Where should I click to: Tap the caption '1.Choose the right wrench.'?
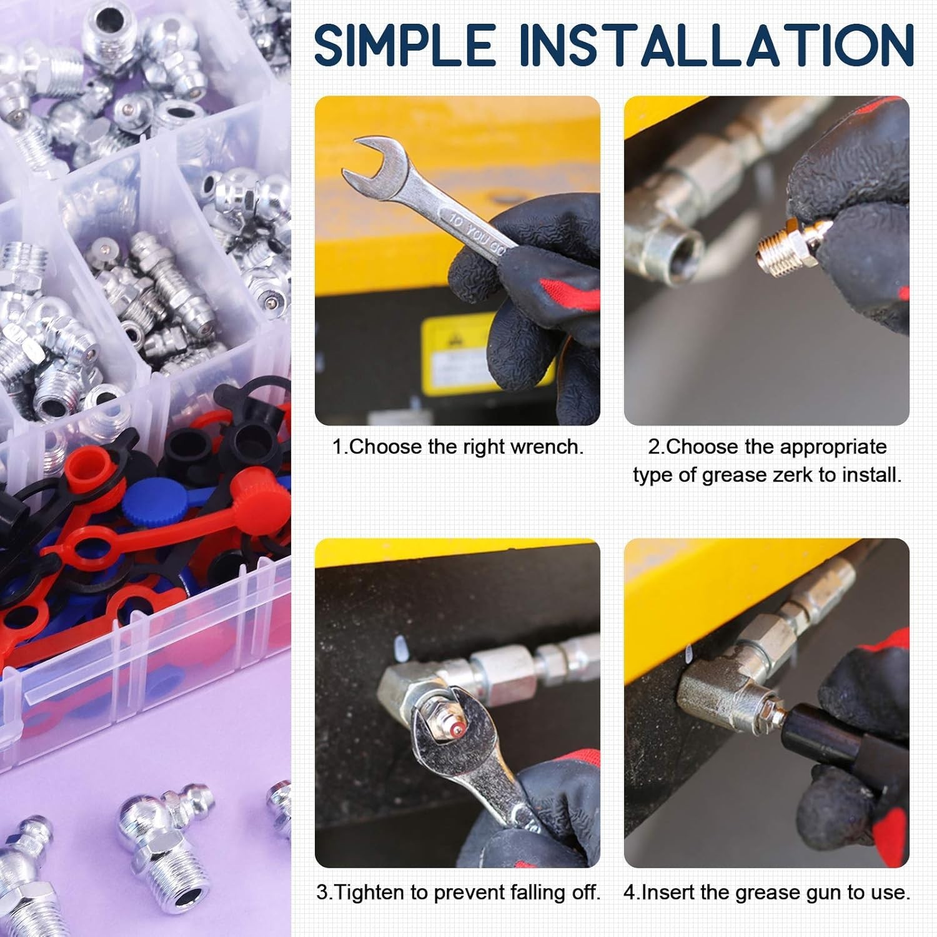[457, 447]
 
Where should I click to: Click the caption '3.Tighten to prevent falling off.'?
[458, 892]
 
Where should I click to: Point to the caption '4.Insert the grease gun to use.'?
[766, 892]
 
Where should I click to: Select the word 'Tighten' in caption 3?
[371, 892]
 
